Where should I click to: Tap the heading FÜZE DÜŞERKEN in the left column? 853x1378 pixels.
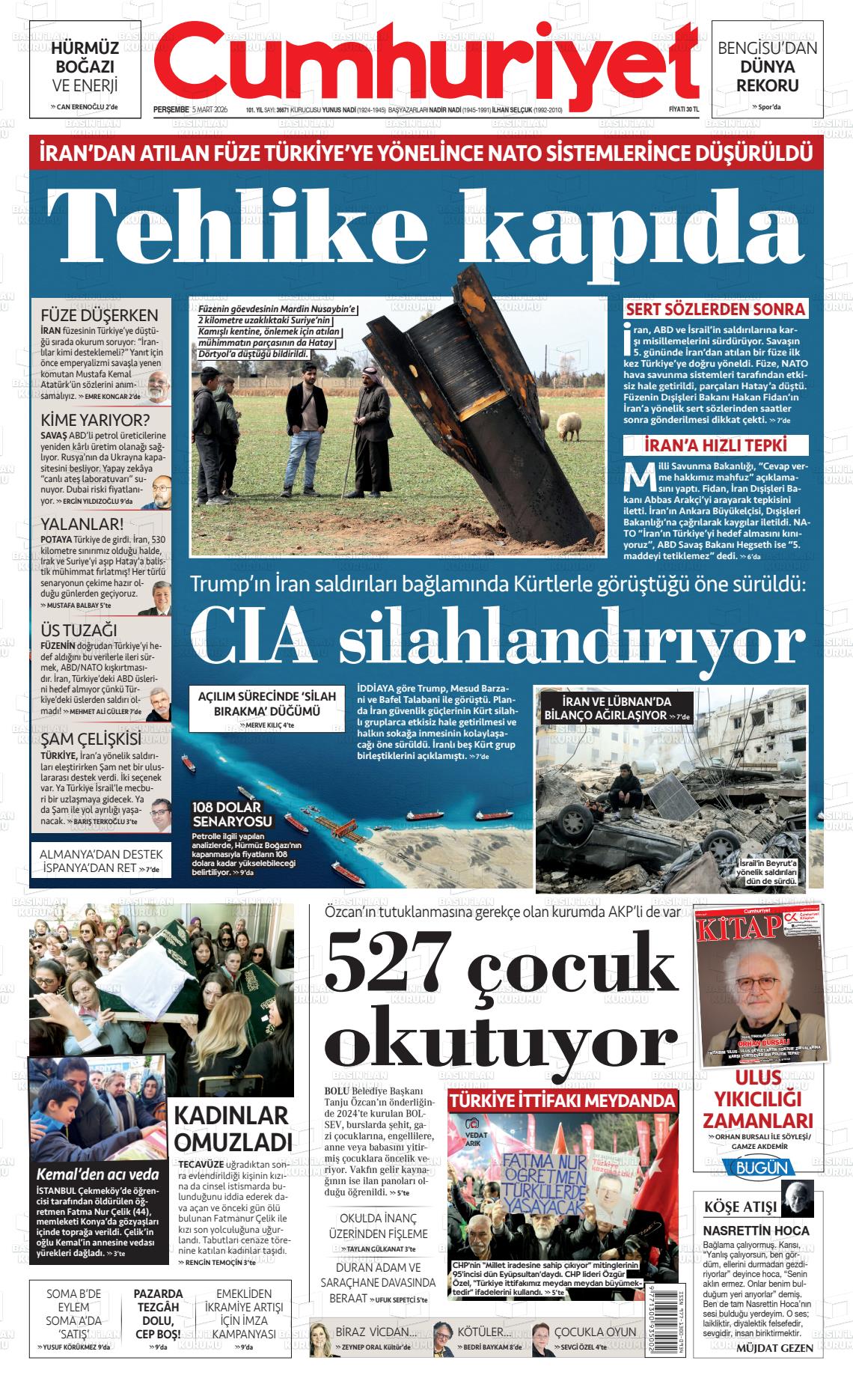[99, 315]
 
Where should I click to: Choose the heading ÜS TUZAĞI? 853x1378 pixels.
[79, 630]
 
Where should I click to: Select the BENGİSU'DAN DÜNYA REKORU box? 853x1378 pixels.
[767, 68]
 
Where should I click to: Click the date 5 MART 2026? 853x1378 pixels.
[210, 109]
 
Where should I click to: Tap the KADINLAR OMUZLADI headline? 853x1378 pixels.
[232, 1128]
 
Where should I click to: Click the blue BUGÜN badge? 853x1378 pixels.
[759, 1168]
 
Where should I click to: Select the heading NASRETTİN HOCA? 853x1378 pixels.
[756, 1231]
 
